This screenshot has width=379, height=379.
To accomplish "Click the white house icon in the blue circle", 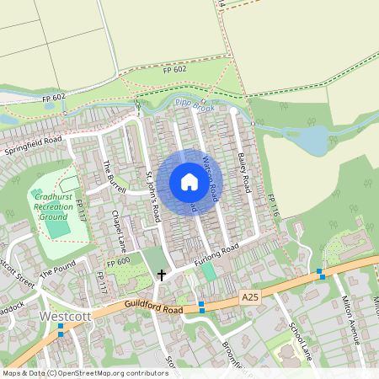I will [189, 182].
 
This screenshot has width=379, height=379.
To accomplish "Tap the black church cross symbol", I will [162, 275].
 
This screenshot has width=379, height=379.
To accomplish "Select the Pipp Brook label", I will [195, 105].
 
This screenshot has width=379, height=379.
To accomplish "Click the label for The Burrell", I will [113, 178].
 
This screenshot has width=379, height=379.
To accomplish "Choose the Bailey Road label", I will [244, 171].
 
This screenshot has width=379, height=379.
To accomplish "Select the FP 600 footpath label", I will [119, 262].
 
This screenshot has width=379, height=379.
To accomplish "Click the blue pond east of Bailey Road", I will [311, 140].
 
